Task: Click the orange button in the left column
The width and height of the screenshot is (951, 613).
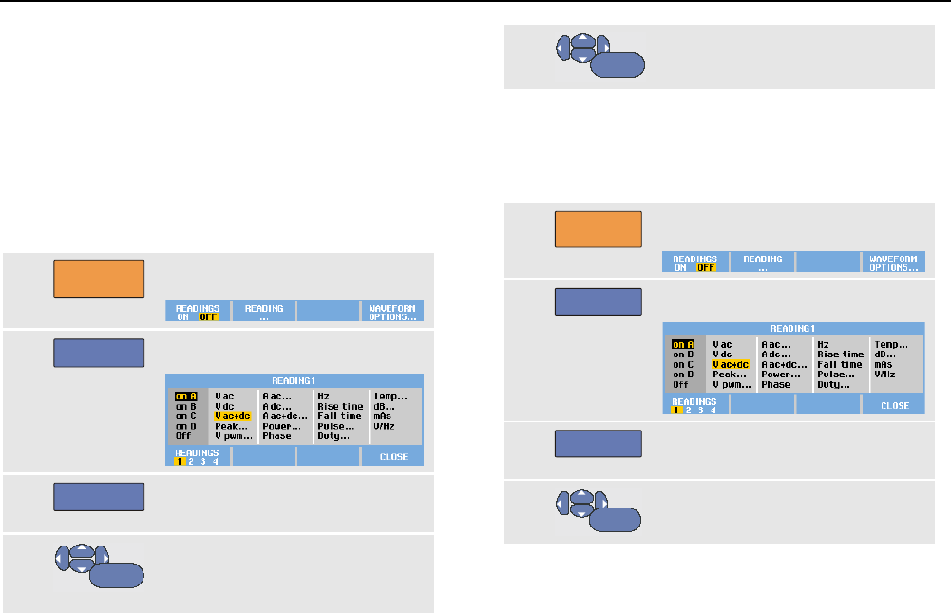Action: coord(99,279)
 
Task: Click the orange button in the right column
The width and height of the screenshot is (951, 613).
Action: coord(599,230)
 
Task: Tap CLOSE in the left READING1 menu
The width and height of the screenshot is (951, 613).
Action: coord(393,457)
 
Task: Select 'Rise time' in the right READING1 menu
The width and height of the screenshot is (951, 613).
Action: coord(841,354)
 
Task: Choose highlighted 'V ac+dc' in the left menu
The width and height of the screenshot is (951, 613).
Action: coord(234,415)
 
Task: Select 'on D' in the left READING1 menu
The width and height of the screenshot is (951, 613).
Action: coord(184,426)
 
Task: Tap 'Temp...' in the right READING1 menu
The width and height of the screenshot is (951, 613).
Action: coord(892,344)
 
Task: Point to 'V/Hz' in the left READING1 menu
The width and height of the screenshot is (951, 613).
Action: coord(385,426)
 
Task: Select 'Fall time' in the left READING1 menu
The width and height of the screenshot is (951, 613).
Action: coord(339,415)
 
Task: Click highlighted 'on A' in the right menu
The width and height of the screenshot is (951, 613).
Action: coord(683,344)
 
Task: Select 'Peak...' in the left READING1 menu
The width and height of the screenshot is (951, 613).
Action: coord(231,426)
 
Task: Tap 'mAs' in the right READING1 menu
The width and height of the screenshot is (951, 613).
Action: coord(885,364)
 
